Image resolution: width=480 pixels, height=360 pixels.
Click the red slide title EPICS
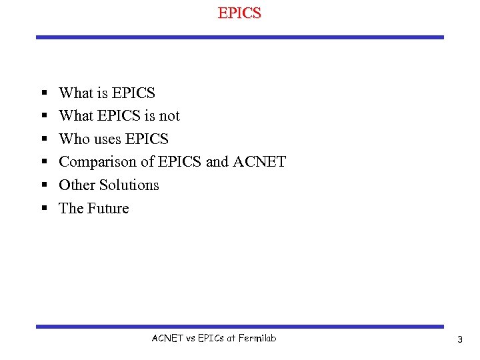pos(239,13)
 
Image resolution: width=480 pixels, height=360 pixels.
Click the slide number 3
pos(459,340)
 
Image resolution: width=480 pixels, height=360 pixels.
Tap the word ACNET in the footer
pos(167,339)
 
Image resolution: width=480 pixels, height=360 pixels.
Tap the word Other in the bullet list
pos(77,185)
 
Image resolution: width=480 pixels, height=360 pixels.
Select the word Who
pos(73,139)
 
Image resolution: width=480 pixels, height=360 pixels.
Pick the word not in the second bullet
pos(169,116)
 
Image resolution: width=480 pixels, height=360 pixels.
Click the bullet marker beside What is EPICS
pos(43,93)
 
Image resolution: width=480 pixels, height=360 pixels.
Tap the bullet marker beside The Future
pos(43,209)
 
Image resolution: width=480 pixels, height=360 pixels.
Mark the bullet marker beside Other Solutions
pos(43,185)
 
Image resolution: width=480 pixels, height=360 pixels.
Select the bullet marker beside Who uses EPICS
pos(43,139)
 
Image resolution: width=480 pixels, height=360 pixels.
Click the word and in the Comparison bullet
pos(217,162)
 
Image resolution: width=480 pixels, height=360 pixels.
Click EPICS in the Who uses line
pos(147,139)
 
